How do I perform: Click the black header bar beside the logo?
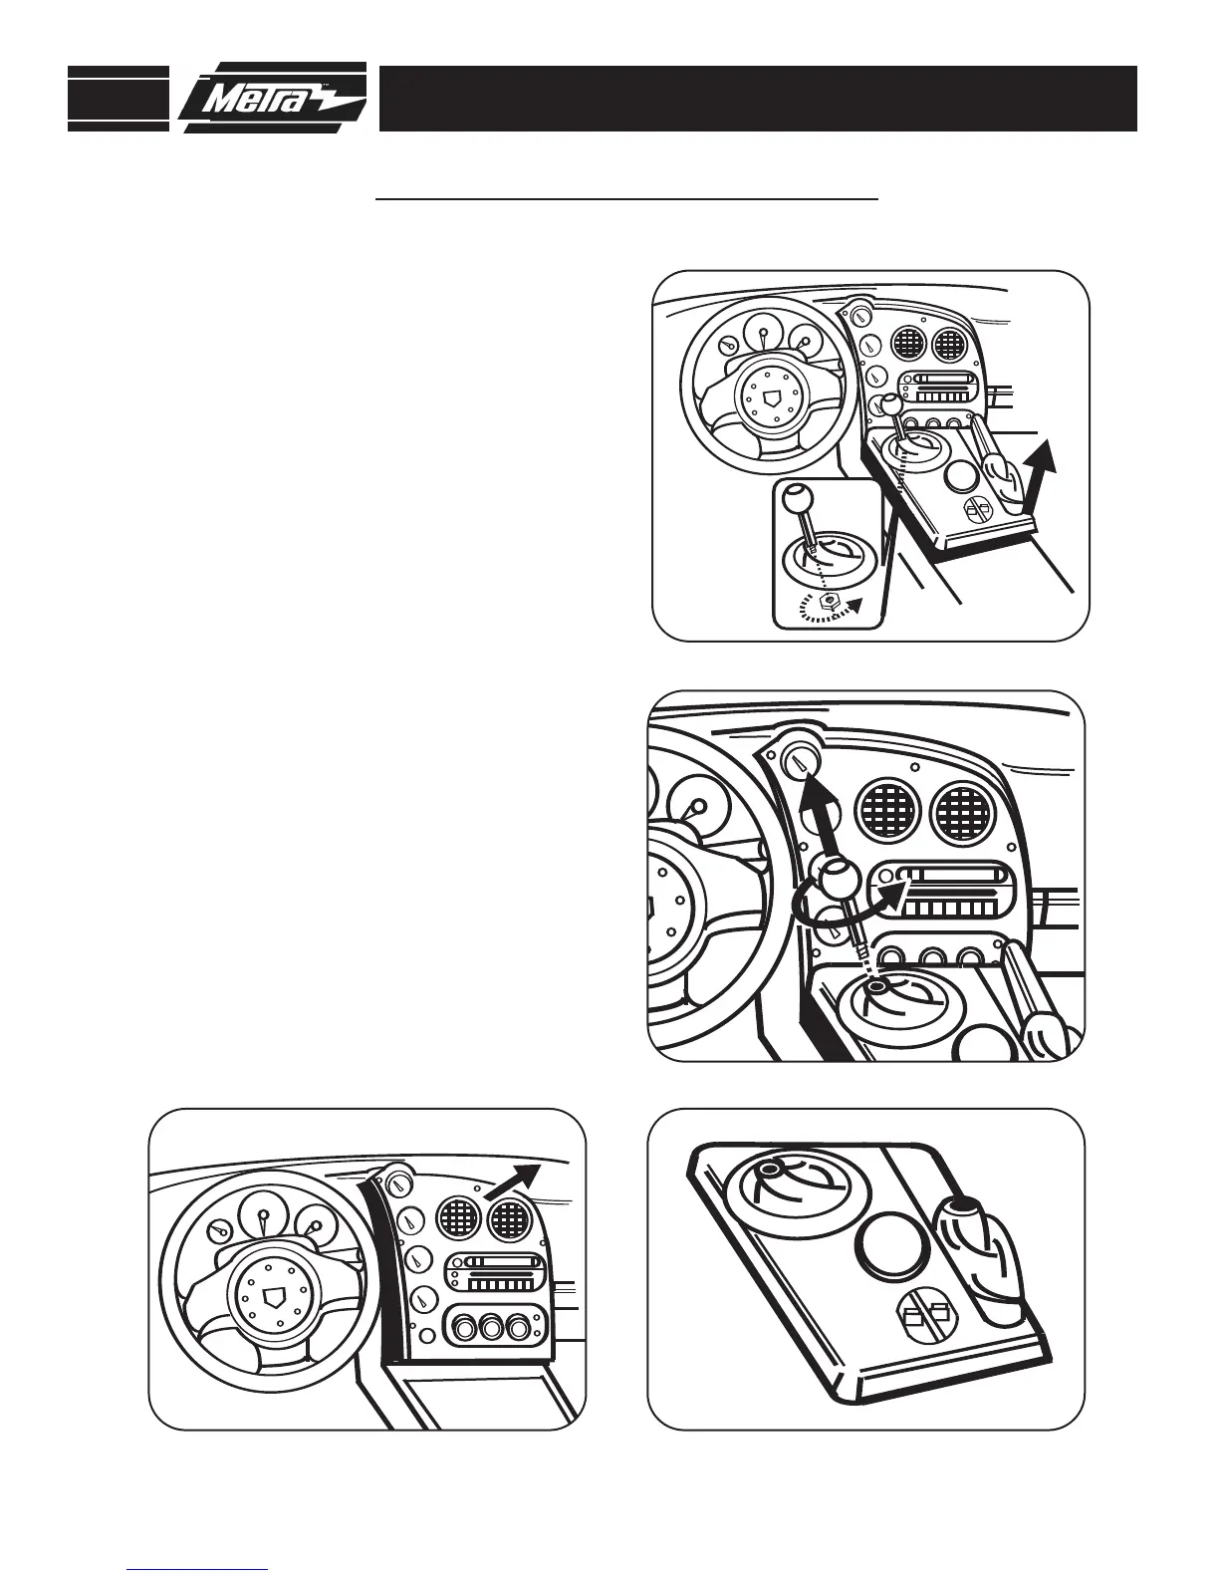(757, 99)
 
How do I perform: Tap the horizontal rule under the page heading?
(626, 199)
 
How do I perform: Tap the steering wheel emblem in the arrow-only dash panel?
(273, 1295)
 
